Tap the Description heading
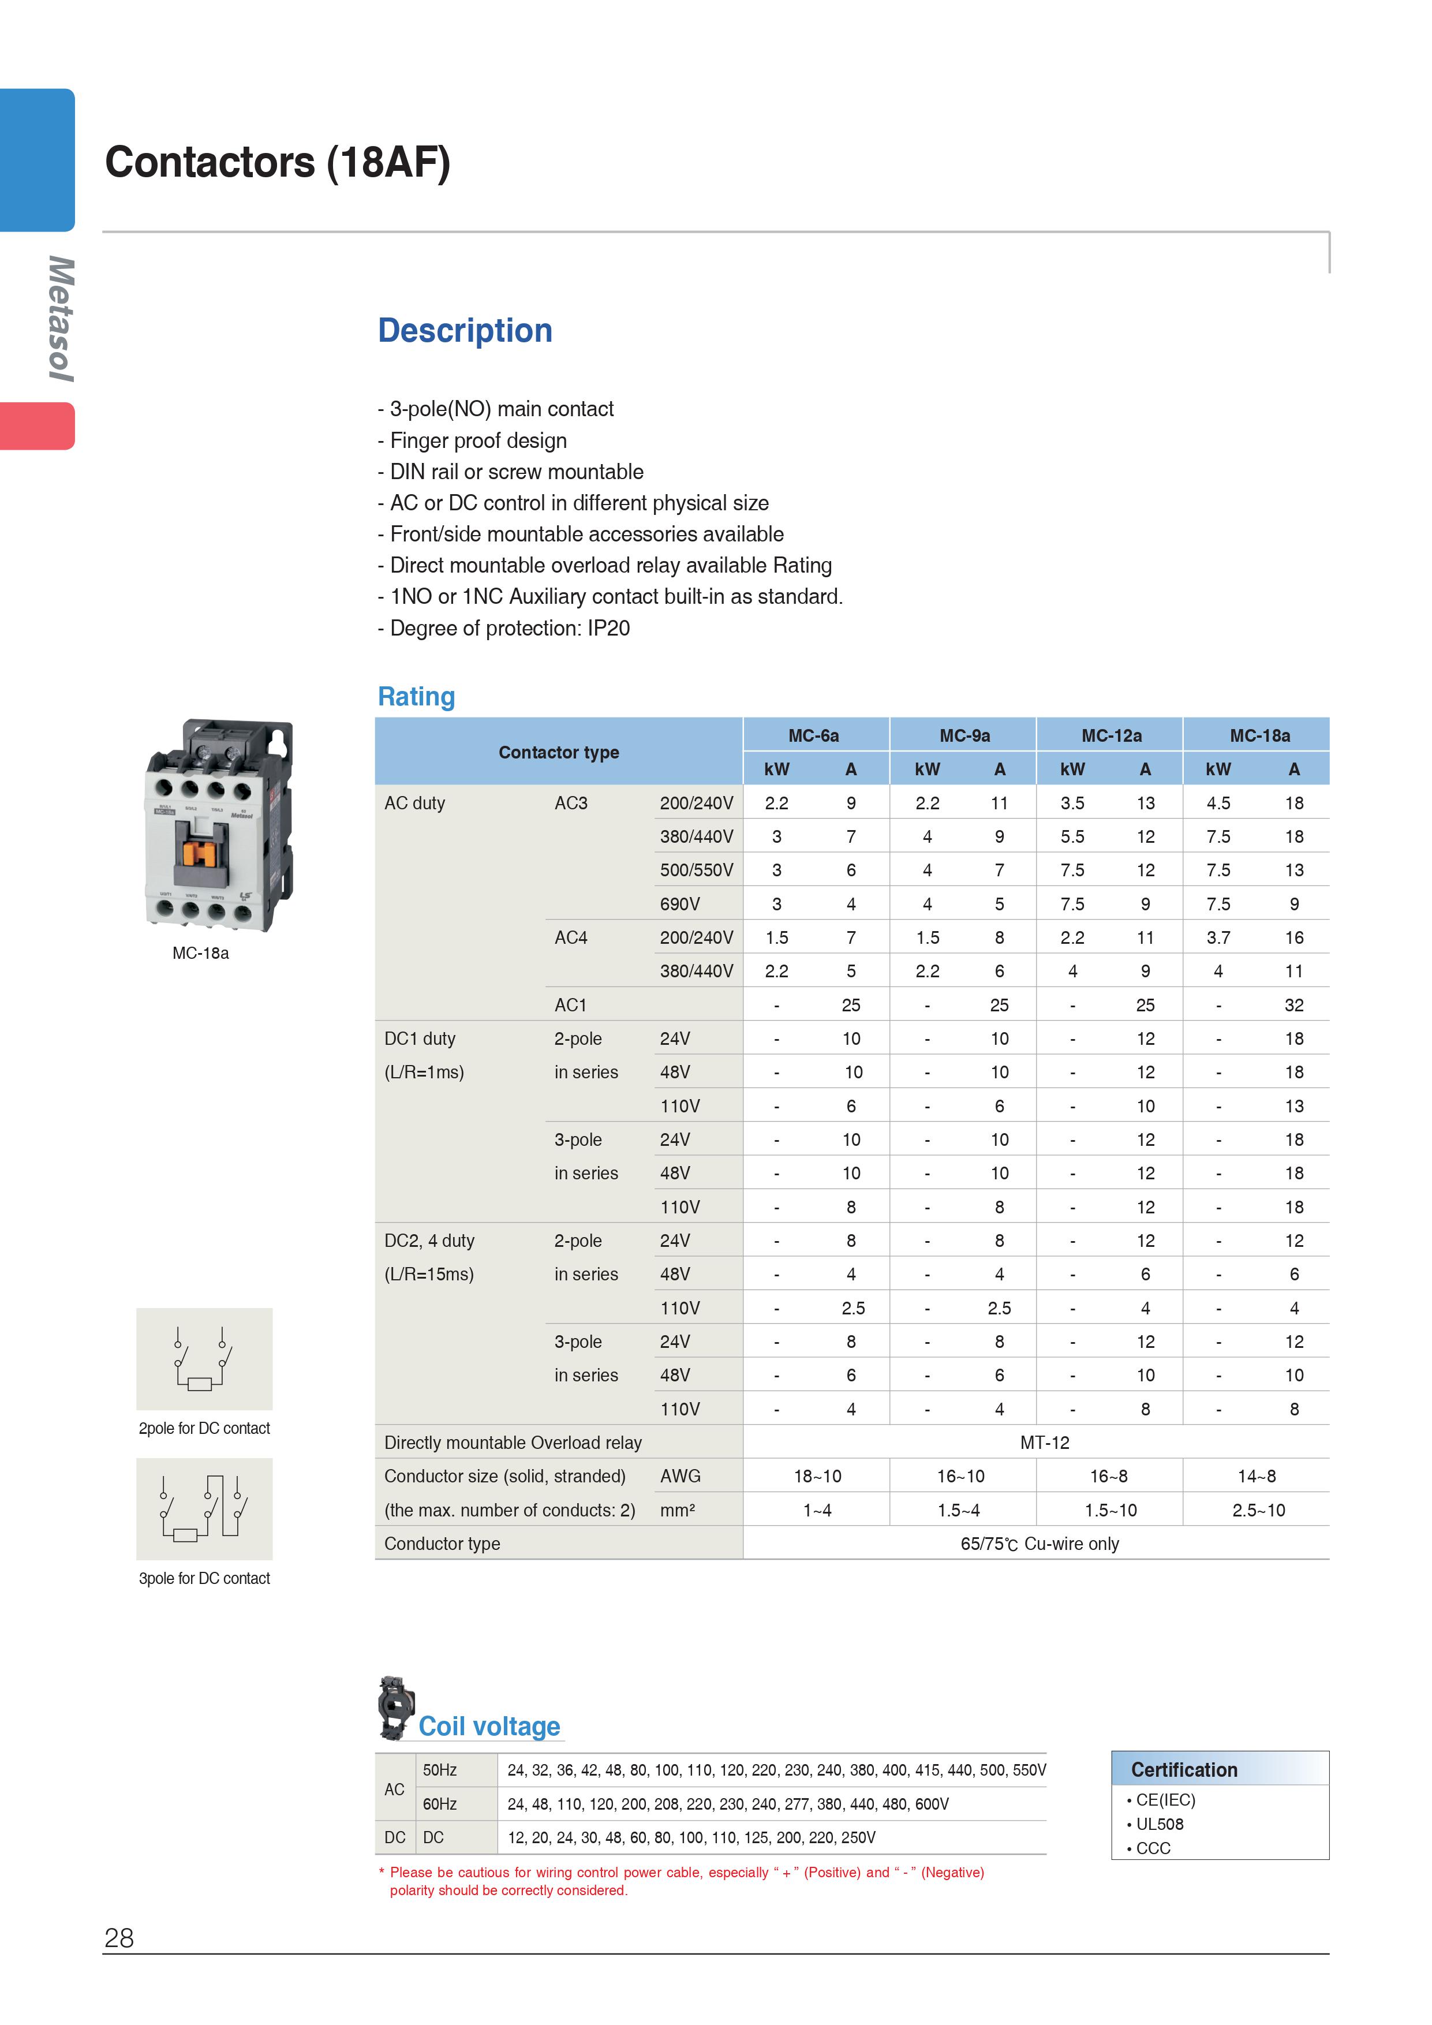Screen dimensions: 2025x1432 [465, 331]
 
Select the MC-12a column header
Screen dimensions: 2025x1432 [1111, 735]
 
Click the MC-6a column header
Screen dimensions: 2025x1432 [813, 735]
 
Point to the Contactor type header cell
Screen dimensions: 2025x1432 [558, 752]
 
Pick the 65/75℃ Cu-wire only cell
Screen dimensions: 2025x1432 [1039, 1544]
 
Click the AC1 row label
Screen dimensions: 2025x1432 [570, 1004]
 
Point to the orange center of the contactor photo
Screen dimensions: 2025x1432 [201, 853]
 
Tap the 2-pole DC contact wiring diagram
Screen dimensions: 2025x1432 [204, 1358]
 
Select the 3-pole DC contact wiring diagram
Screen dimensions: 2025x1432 [204, 1508]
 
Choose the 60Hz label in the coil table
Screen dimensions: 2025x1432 [439, 1804]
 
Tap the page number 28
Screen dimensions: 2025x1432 [119, 1938]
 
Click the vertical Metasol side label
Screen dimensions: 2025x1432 [60, 319]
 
